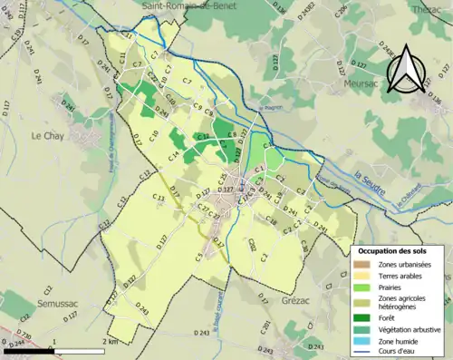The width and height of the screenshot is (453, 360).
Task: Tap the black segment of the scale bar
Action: (27, 350)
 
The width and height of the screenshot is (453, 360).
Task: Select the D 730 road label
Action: (24, 336)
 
